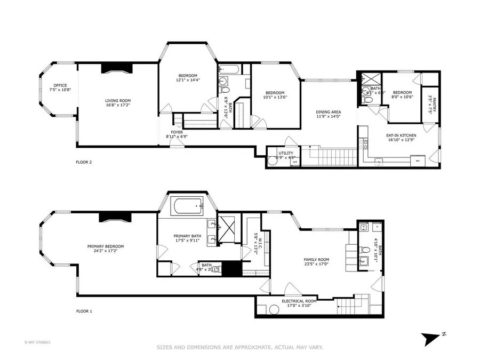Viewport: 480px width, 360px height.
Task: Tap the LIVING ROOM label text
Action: pyautogui.click(x=117, y=101)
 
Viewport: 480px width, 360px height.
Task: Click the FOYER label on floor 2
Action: pyautogui.click(x=177, y=132)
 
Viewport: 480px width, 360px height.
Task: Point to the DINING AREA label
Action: pyautogui.click(x=329, y=112)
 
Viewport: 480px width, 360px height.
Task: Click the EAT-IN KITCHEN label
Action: pyautogui.click(x=401, y=135)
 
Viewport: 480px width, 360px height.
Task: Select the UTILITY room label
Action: pyautogui.click(x=285, y=154)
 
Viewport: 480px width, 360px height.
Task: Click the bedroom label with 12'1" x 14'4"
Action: pyautogui.click(x=187, y=75)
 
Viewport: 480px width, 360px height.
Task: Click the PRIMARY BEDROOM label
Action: pyautogui.click(x=106, y=246)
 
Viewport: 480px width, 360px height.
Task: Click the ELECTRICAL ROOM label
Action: pyautogui.click(x=299, y=301)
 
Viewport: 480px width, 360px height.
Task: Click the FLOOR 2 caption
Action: pyautogui.click(x=84, y=162)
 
